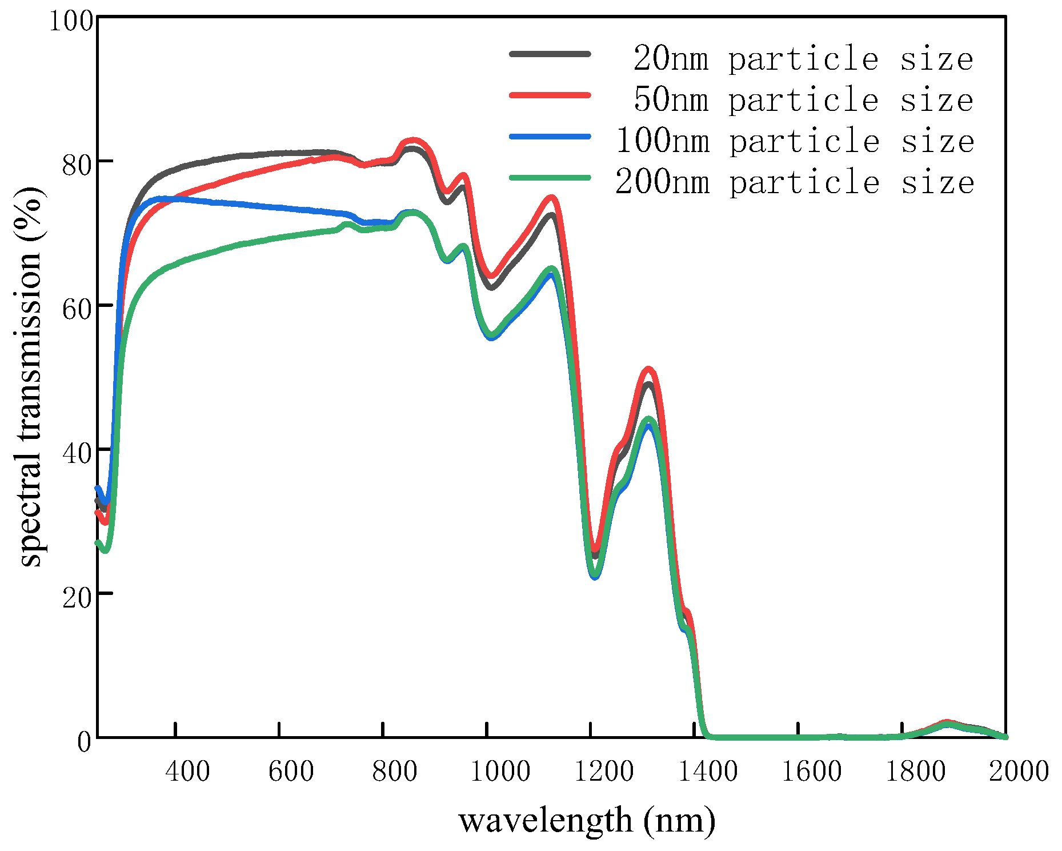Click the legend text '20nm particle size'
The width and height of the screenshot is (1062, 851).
(x=803, y=59)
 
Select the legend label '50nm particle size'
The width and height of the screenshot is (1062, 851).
(x=803, y=100)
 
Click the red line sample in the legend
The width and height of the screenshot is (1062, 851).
(x=550, y=95)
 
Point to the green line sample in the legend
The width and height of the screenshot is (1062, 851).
(x=550, y=178)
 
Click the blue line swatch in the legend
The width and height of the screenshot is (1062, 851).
(x=550, y=137)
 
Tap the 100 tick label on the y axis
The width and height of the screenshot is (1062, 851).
(x=71, y=21)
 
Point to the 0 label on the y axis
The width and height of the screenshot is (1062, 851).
(x=84, y=742)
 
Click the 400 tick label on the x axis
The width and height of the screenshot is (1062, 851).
(x=187, y=772)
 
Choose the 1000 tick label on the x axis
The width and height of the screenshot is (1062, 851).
(x=500, y=772)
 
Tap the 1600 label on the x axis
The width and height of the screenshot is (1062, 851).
(x=811, y=772)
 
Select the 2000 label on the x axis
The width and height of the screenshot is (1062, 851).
(x=1019, y=772)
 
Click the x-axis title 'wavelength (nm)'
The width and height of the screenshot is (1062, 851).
(x=587, y=821)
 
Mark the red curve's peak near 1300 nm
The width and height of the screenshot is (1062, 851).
(x=648, y=369)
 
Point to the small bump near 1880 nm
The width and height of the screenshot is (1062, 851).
(x=947, y=723)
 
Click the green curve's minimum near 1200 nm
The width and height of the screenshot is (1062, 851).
(x=595, y=574)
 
